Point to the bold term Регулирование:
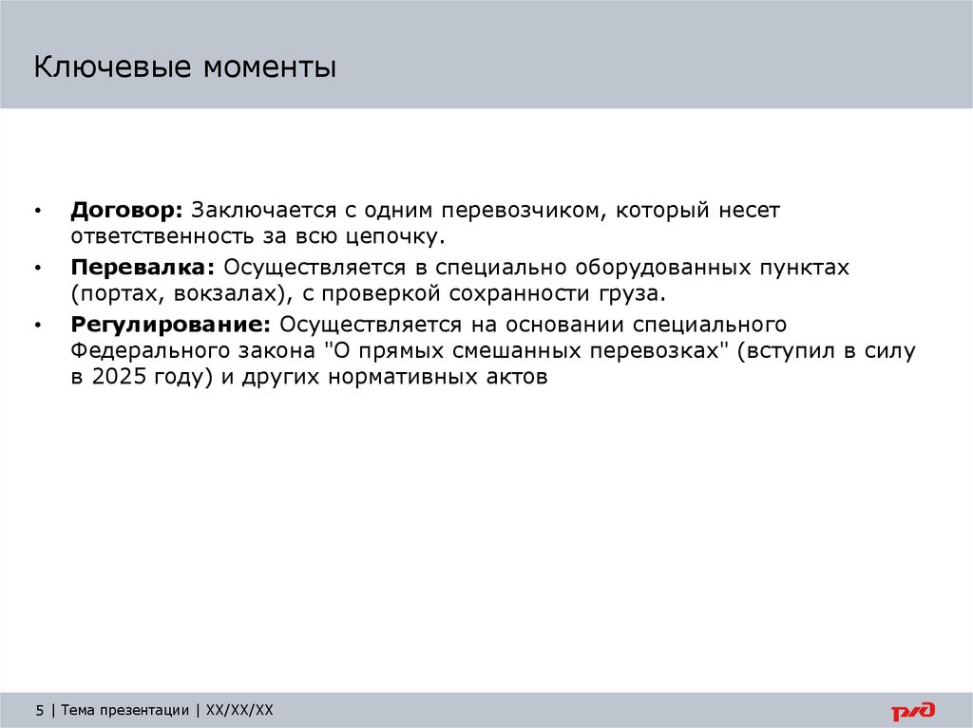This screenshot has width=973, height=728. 172,325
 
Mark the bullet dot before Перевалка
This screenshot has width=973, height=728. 37,269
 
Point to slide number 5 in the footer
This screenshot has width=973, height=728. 39,710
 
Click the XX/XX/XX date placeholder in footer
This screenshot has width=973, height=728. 239,710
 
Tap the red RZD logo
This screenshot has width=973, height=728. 913,710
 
